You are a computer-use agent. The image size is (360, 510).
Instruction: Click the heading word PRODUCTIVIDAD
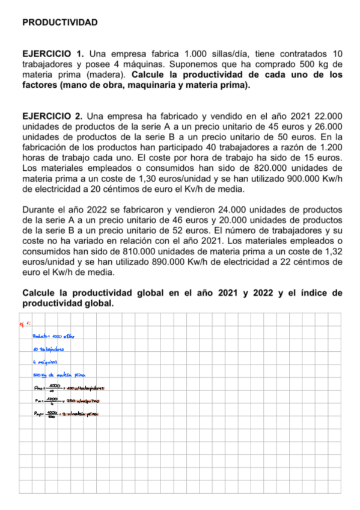coord(59,22)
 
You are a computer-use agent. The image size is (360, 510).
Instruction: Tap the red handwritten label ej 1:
coord(25,324)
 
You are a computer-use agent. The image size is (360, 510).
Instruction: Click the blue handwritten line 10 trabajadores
coord(48,349)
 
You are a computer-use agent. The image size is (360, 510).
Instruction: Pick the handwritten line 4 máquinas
coord(46,361)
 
